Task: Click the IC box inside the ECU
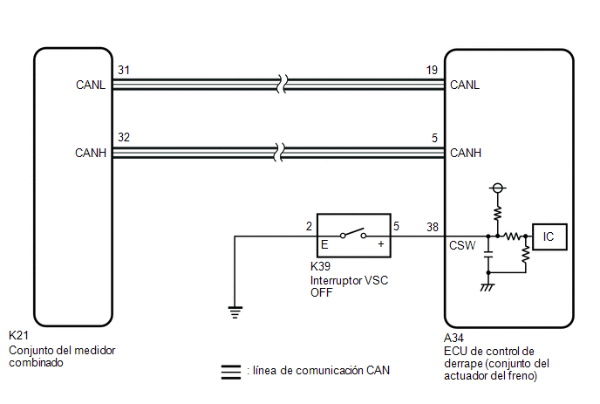pos(549,237)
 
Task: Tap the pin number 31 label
pos(124,70)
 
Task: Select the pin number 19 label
pos(432,70)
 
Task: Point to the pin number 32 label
pos(124,137)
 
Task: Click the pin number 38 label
pos(433,227)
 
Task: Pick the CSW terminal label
pos(462,245)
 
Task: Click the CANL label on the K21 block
pos(91,85)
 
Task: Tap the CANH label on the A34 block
pos(466,153)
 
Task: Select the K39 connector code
pos(320,266)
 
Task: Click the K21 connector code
pos(19,335)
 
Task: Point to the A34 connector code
pos(453,338)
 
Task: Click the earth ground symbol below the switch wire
pos(235,312)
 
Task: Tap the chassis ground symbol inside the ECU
pos(487,287)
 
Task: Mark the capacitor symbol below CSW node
pos(488,255)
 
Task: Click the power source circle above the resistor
pos(497,188)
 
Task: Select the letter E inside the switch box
pos(324,244)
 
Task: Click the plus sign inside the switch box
pos(381,244)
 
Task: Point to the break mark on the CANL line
pos(283,85)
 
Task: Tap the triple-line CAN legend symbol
pos(231,372)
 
